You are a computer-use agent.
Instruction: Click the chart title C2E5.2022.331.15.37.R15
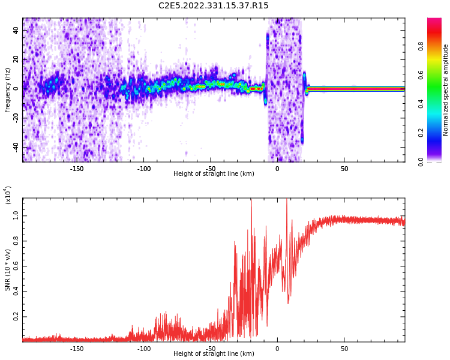coord(213,5)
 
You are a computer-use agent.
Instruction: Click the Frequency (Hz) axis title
coord(7,90)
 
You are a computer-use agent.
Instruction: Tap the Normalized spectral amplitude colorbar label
coord(445,90)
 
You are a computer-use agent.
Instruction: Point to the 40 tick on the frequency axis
coord(16,31)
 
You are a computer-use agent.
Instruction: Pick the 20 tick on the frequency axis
coord(16,60)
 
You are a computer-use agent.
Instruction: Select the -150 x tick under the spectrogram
coord(76,169)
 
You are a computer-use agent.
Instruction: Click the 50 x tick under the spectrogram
coord(344,169)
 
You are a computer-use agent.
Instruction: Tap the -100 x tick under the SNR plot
coord(143,349)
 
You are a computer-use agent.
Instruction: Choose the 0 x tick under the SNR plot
coord(277,349)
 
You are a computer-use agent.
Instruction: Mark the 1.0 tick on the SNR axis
coord(16,215)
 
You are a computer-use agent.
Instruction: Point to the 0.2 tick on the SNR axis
coord(16,317)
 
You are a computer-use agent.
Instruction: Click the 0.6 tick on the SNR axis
coord(16,266)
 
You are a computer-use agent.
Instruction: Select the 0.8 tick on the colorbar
coord(421,46)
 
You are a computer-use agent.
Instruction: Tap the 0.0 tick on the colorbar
coord(421,161)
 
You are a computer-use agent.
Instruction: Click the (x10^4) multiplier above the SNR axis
coord(8,195)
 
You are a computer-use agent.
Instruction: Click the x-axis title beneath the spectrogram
coord(214,173)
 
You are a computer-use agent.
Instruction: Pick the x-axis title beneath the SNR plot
coord(214,353)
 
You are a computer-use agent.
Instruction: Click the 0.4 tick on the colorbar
coord(421,104)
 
